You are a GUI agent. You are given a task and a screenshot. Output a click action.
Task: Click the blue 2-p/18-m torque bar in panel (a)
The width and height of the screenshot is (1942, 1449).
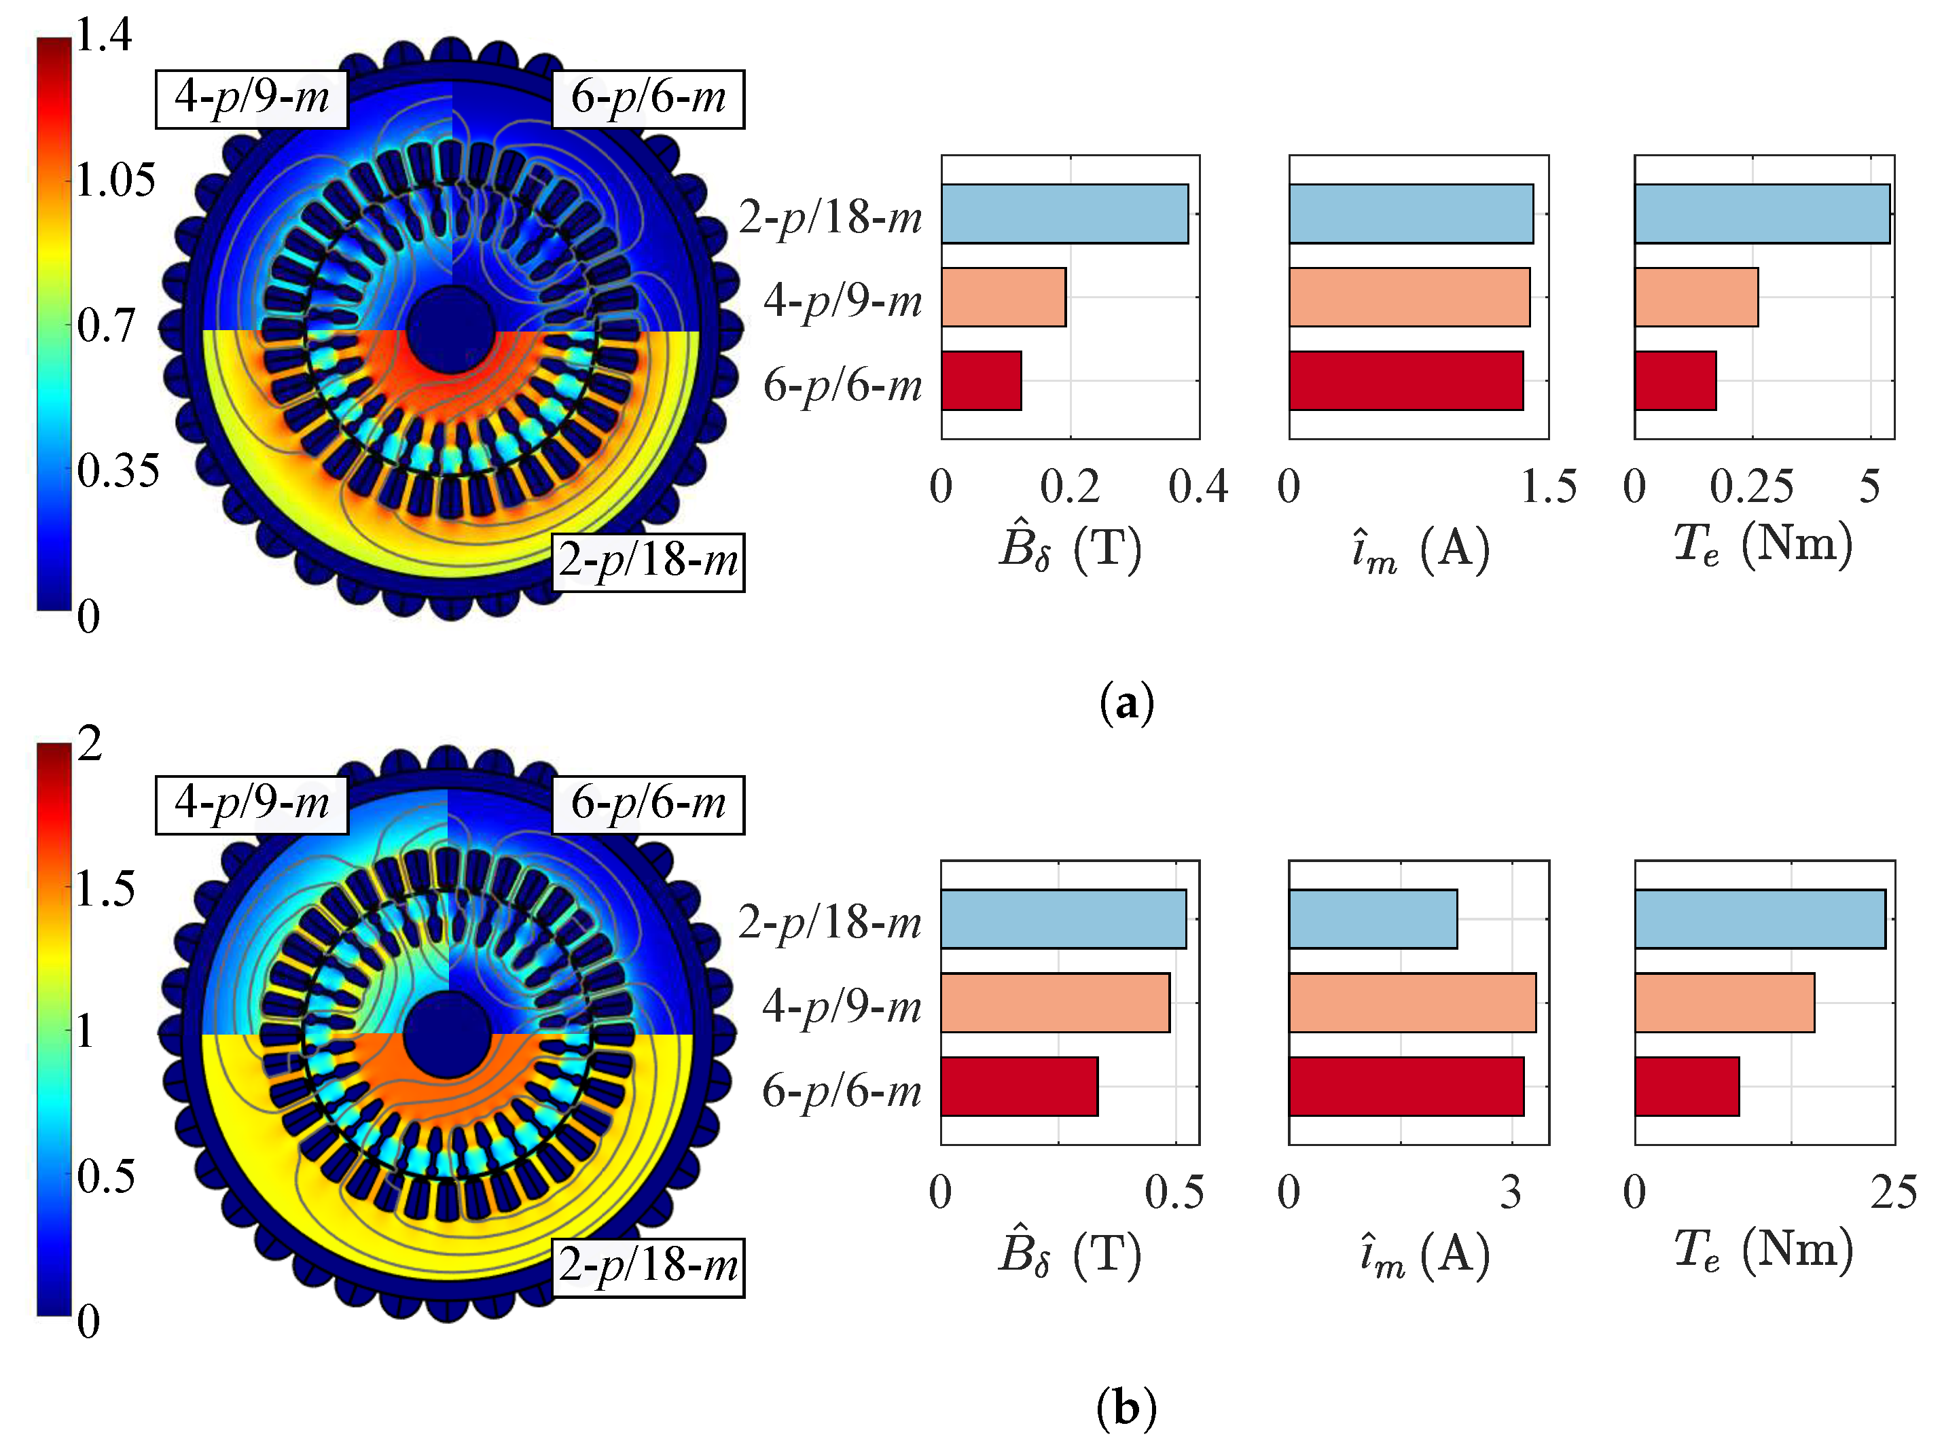(1761, 213)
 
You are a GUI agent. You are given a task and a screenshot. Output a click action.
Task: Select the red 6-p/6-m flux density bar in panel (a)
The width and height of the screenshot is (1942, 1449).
(981, 380)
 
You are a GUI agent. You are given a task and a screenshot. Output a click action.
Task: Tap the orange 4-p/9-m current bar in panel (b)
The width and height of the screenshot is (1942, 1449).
(1411, 1003)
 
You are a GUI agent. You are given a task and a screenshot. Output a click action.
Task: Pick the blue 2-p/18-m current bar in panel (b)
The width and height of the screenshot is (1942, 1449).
(1372, 919)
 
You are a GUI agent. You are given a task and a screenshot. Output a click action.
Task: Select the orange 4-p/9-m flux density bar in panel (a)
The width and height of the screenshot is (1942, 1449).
(1003, 298)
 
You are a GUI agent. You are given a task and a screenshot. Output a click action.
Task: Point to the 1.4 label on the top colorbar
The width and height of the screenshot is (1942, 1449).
(103, 35)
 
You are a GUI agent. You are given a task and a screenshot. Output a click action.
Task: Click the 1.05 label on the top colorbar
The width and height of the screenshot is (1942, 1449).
(115, 180)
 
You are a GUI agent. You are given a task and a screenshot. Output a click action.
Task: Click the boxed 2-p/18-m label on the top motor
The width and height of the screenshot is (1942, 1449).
(648, 561)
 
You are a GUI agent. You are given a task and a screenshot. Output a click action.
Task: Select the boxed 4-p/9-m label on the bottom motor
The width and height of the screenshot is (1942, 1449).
(252, 804)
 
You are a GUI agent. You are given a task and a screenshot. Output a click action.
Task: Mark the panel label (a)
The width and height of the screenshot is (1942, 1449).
(1126, 704)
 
